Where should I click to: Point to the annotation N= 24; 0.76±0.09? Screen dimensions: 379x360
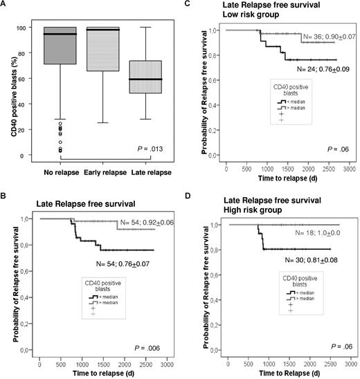[311, 69]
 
